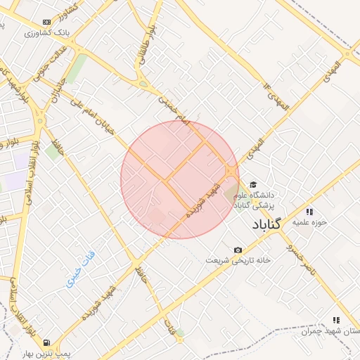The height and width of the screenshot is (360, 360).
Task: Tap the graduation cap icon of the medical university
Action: pos(253,185)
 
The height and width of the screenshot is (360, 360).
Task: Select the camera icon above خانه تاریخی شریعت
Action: pos(238,250)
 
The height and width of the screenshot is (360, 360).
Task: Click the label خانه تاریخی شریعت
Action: pos(238,260)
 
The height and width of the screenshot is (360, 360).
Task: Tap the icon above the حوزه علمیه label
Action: pos(309,211)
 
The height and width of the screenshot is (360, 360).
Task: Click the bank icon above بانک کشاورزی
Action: pos(47,22)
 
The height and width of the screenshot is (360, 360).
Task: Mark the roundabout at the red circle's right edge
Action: pos(231,172)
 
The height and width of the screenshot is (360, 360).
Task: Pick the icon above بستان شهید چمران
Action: pos(335,320)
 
